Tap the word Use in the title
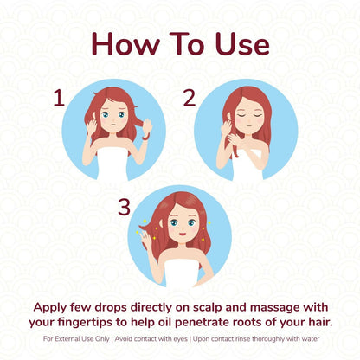(x=242, y=43)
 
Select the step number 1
(x=59, y=98)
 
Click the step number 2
(x=190, y=98)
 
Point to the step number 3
(x=125, y=207)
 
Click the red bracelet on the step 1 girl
(x=146, y=137)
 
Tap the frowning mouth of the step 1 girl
(x=113, y=125)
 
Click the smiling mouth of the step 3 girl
(x=183, y=233)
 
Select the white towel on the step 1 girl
(x=112, y=164)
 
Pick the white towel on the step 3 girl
(x=182, y=273)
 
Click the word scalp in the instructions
(x=208, y=308)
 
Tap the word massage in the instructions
(x=274, y=308)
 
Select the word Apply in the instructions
(x=50, y=308)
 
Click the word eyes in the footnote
(x=180, y=339)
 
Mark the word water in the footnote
(x=311, y=338)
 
